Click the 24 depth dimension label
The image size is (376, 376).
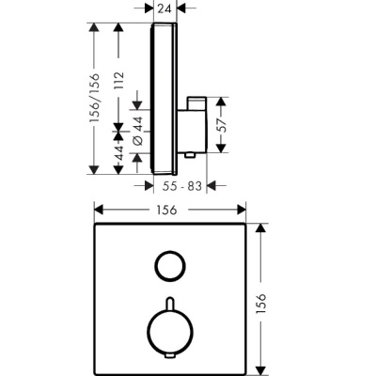164,8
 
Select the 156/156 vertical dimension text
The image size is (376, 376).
94,98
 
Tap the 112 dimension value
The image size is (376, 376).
118,81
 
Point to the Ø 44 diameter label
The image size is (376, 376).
138,131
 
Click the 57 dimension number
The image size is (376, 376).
222,126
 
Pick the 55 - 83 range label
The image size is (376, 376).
182,186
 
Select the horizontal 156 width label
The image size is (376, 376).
166,210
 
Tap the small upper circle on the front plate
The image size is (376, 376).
170,266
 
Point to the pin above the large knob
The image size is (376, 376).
170,304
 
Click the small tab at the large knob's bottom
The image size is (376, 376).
170,355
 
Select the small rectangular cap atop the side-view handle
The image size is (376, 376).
196,103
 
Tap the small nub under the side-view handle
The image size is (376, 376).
190,155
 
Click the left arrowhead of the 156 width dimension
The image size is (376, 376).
99,210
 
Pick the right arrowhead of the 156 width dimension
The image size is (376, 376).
242,210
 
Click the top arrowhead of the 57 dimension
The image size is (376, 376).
222,102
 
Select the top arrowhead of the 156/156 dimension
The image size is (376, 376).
93,27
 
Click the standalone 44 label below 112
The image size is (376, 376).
118,153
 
